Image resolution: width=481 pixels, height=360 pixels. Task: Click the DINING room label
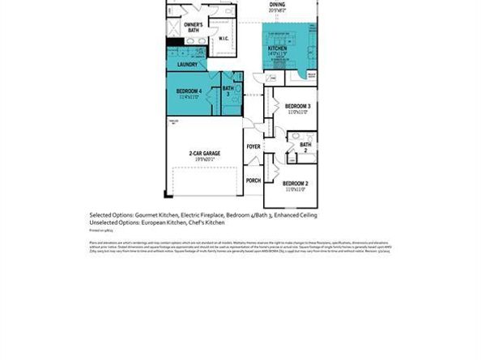click(277, 5)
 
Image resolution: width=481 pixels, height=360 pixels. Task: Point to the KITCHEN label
click(278, 48)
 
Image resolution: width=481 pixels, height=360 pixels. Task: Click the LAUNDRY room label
click(189, 65)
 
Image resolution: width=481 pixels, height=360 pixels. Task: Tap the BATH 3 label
click(228, 91)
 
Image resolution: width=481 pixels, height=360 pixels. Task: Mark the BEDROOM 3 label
click(297, 106)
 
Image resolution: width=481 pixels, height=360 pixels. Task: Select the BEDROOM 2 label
click(296, 184)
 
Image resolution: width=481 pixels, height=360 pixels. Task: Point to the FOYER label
click(253, 146)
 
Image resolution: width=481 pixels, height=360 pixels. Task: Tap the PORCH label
click(253, 180)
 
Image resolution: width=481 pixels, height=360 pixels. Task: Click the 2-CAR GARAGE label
click(206, 153)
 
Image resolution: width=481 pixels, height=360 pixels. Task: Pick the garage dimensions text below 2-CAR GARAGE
click(206, 159)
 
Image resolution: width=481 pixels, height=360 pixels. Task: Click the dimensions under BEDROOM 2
click(296, 190)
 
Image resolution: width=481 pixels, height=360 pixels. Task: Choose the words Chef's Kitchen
click(209, 222)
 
